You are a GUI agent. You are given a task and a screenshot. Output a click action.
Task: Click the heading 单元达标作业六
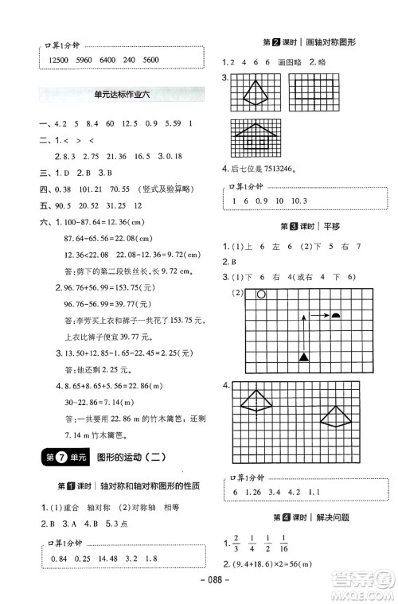120,95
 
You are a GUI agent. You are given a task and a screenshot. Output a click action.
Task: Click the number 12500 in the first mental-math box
61,61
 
